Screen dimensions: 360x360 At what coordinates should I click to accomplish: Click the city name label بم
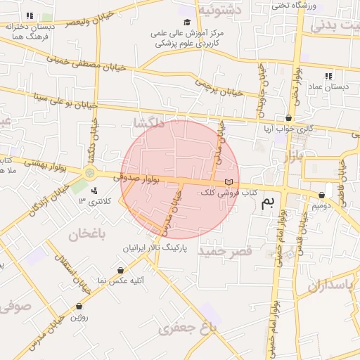267,204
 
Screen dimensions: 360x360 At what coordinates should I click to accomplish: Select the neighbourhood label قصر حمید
224,251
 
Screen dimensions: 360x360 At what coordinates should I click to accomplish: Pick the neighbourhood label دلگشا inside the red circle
149,124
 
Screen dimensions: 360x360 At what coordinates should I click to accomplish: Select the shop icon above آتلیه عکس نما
121,270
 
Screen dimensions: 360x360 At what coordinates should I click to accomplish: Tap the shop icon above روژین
79,306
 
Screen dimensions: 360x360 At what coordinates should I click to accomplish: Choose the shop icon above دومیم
322,195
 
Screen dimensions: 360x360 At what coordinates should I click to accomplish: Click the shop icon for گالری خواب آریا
288,117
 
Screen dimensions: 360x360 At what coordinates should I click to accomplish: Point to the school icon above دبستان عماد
328,76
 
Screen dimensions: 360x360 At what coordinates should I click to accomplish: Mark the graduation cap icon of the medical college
187,22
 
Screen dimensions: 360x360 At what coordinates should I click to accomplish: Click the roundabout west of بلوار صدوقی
89,172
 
